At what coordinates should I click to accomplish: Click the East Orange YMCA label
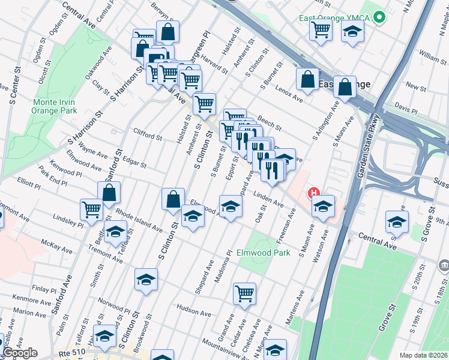(334, 17)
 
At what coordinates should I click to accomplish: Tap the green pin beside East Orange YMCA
(379, 18)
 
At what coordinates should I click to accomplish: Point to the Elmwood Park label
(264, 253)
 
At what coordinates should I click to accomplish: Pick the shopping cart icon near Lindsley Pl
(91, 209)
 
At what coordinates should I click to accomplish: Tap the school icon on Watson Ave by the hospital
(323, 206)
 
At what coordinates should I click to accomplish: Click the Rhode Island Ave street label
(139, 220)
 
